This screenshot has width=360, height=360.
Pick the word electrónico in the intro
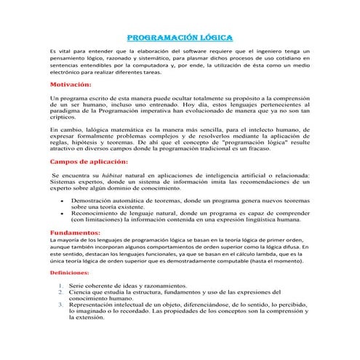pyautogui.click(x=69, y=73)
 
